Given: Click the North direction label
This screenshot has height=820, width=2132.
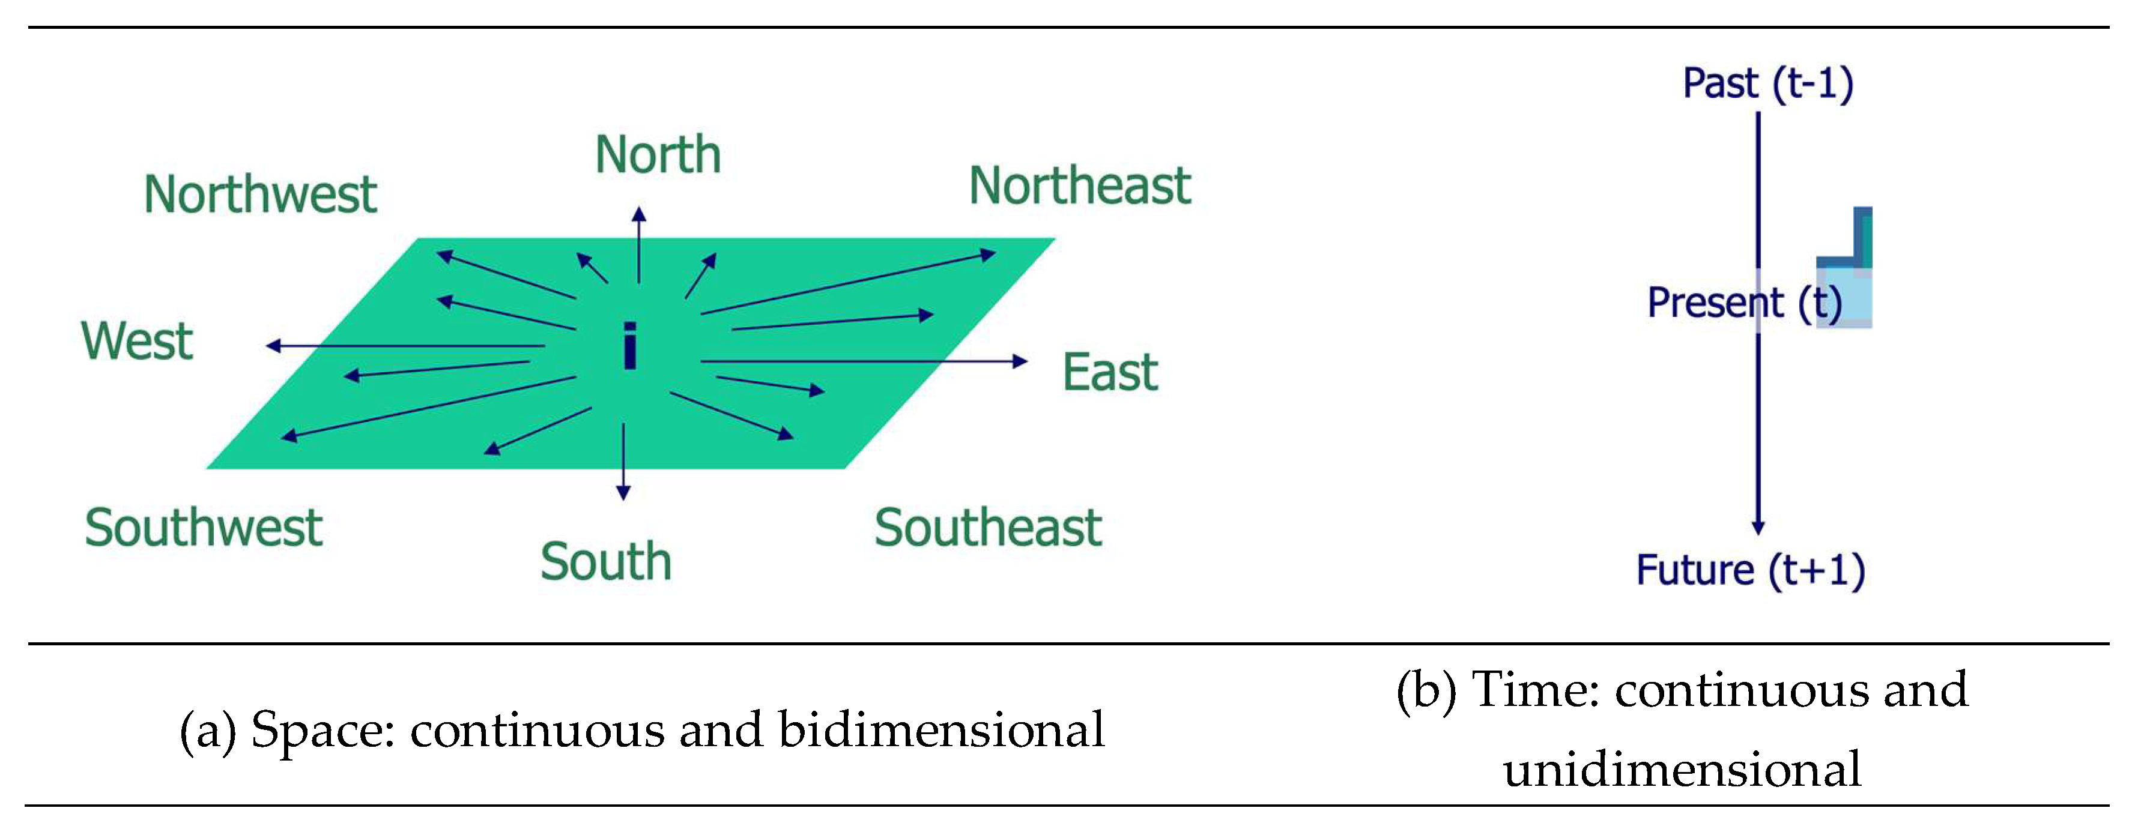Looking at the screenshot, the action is coord(658,155).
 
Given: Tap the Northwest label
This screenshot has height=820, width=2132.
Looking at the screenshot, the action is coord(260,194).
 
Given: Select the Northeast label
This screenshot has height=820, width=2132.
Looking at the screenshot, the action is coord(1079,185).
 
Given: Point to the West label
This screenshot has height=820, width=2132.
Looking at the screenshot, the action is coord(136,341).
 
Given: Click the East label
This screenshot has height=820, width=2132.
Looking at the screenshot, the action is coord(1110,372).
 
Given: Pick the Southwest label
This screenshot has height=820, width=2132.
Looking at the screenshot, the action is coord(203,528).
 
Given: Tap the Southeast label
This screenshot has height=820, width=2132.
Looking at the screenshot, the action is coord(987,528).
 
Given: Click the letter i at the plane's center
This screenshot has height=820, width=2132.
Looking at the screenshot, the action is coord(630,346).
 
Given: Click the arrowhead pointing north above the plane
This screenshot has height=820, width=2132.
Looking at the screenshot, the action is coord(639,215).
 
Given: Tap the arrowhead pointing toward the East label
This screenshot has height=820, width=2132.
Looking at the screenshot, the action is coord(1020,361).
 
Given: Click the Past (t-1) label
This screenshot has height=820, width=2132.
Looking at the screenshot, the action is coord(1768,83).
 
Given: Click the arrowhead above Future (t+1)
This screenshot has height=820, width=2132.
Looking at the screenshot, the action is coord(1758,527).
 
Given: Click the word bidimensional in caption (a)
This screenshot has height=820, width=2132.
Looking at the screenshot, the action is coord(941,730).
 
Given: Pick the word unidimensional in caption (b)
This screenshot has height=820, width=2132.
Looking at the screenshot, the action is coord(1682,770).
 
